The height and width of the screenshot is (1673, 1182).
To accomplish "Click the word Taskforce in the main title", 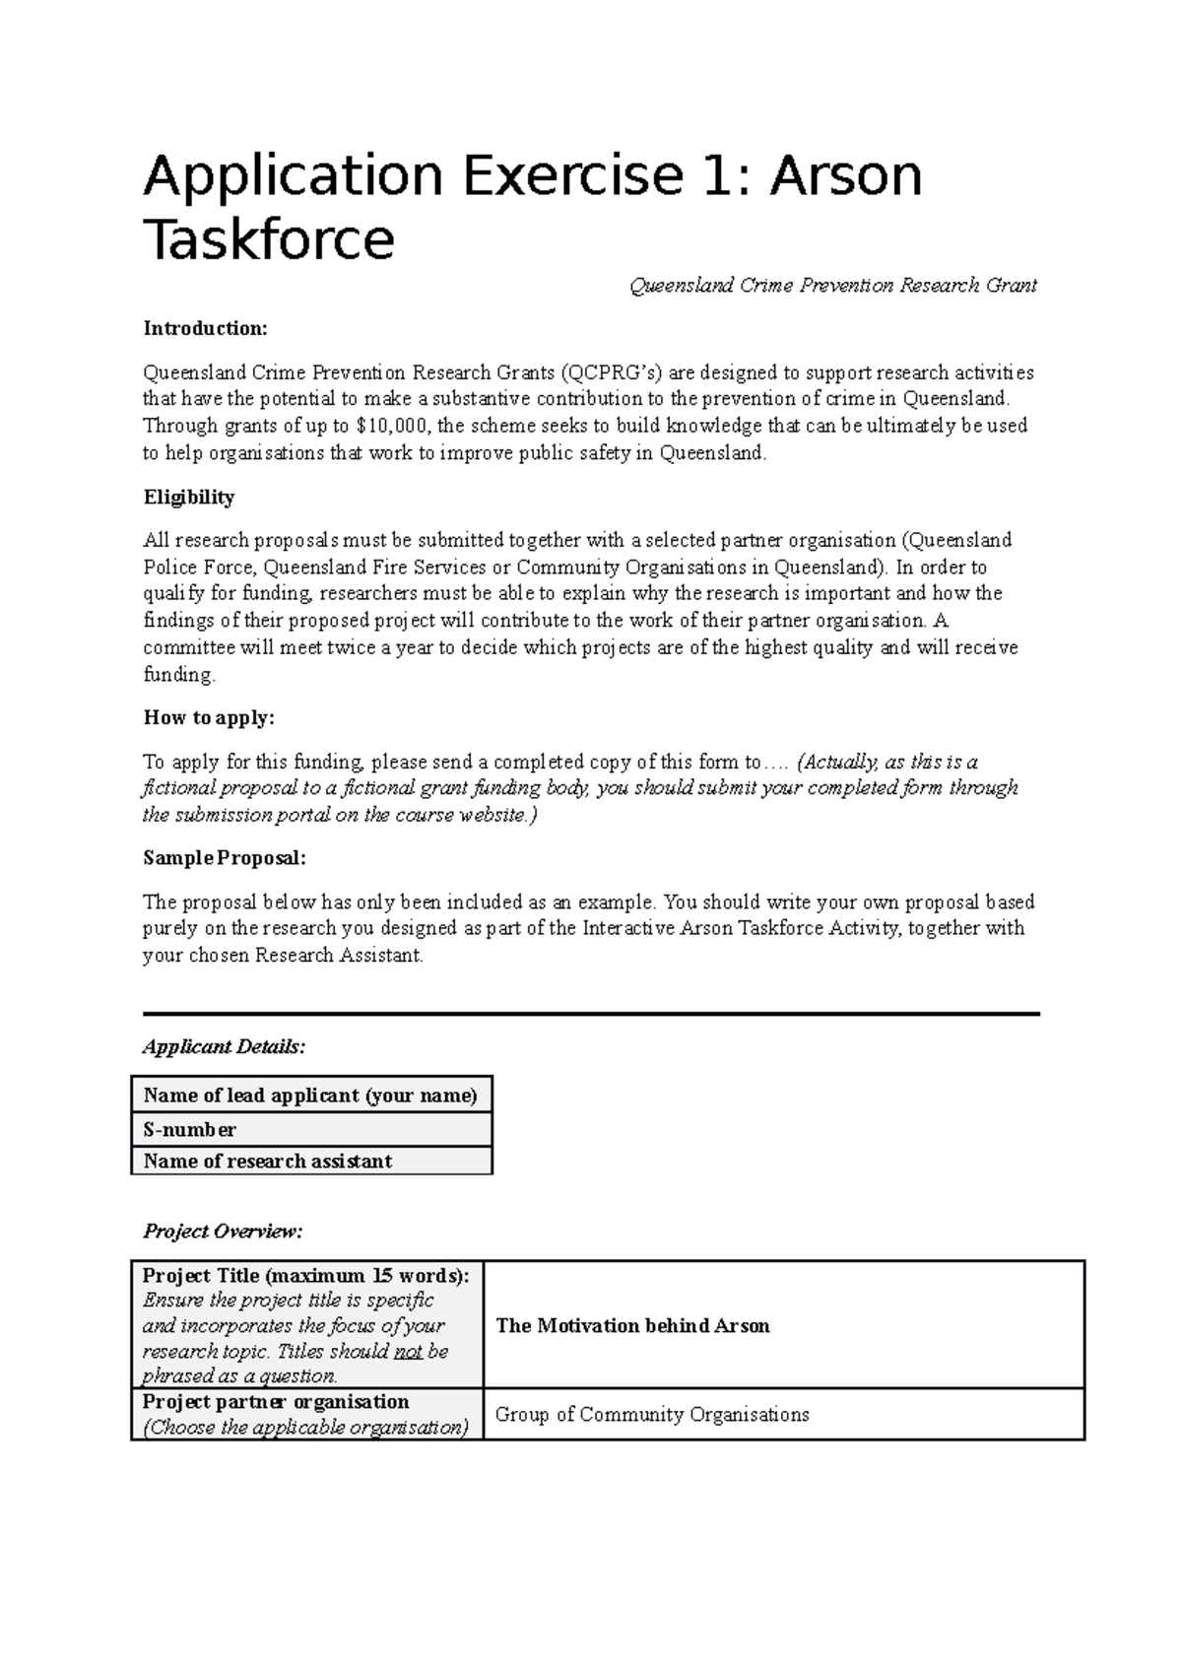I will [269, 239].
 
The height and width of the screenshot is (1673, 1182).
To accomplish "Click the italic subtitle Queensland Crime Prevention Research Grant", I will [832, 286].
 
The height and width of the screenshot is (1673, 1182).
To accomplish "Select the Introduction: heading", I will [205, 328].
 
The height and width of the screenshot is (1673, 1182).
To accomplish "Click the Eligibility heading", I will [189, 498].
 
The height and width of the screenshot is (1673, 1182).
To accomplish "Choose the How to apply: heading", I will [209, 717].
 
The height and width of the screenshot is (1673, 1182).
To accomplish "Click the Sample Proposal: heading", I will [225, 858].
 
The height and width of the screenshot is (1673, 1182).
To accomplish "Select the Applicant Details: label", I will [224, 1046].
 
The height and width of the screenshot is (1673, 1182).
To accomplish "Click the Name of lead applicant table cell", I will [310, 1096].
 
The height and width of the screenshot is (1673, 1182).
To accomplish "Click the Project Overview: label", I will [223, 1231].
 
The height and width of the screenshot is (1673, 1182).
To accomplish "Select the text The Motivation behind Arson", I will [632, 1325].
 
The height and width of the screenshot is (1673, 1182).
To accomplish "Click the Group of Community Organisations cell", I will [651, 1415].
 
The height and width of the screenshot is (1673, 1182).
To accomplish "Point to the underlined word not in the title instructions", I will [408, 1351].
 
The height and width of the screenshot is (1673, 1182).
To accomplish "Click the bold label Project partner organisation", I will [276, 1401].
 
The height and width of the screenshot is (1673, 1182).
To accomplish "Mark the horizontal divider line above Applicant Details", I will [591, 1014].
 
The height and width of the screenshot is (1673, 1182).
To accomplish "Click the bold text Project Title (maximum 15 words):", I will [306, 1275].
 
